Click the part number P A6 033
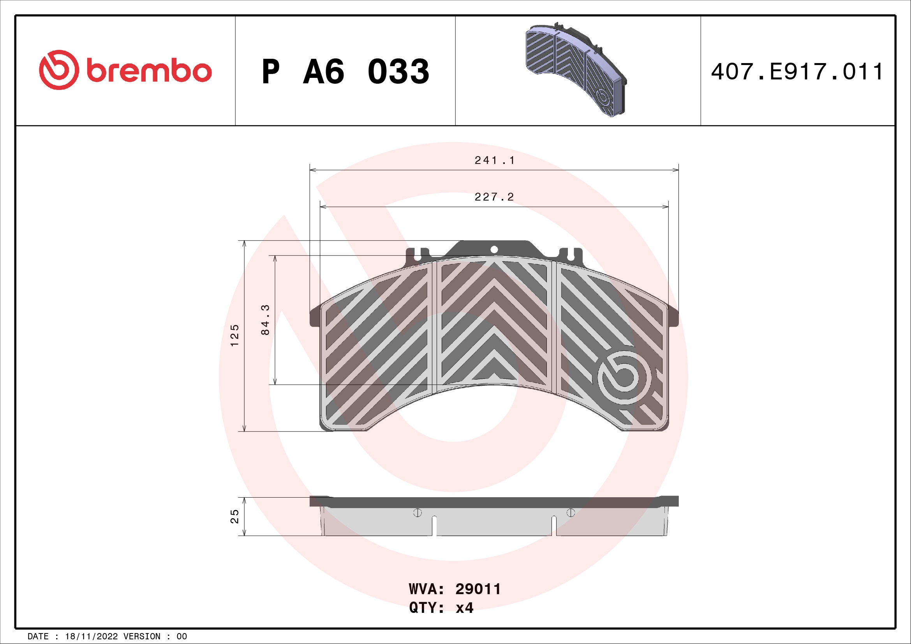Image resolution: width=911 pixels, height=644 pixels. coord(345,72)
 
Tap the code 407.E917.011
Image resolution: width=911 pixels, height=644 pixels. coord(797,72)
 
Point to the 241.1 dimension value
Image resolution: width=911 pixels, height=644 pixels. coord(494,160)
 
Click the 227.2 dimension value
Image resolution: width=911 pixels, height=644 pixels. coord(494,197)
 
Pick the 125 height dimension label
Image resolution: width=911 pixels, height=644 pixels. coord(235,336)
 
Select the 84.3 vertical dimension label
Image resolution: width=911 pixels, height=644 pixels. coord(265,320)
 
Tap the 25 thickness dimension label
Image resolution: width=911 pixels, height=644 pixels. coord(235,516)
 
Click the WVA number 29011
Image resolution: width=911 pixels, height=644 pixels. coord(478,589)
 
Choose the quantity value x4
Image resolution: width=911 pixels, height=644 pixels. coord(464,607)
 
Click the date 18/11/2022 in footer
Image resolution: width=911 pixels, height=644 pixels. coord(91,637)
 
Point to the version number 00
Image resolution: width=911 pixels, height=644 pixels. coord(182,637)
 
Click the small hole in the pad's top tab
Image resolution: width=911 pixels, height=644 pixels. coord(494,250)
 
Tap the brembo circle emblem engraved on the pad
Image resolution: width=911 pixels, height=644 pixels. coord(624,377)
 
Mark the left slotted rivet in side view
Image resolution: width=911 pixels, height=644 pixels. coord(418,513)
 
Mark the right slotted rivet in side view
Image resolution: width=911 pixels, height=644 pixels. coord(571,513)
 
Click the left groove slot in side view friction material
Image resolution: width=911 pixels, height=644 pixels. coord(435,526)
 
